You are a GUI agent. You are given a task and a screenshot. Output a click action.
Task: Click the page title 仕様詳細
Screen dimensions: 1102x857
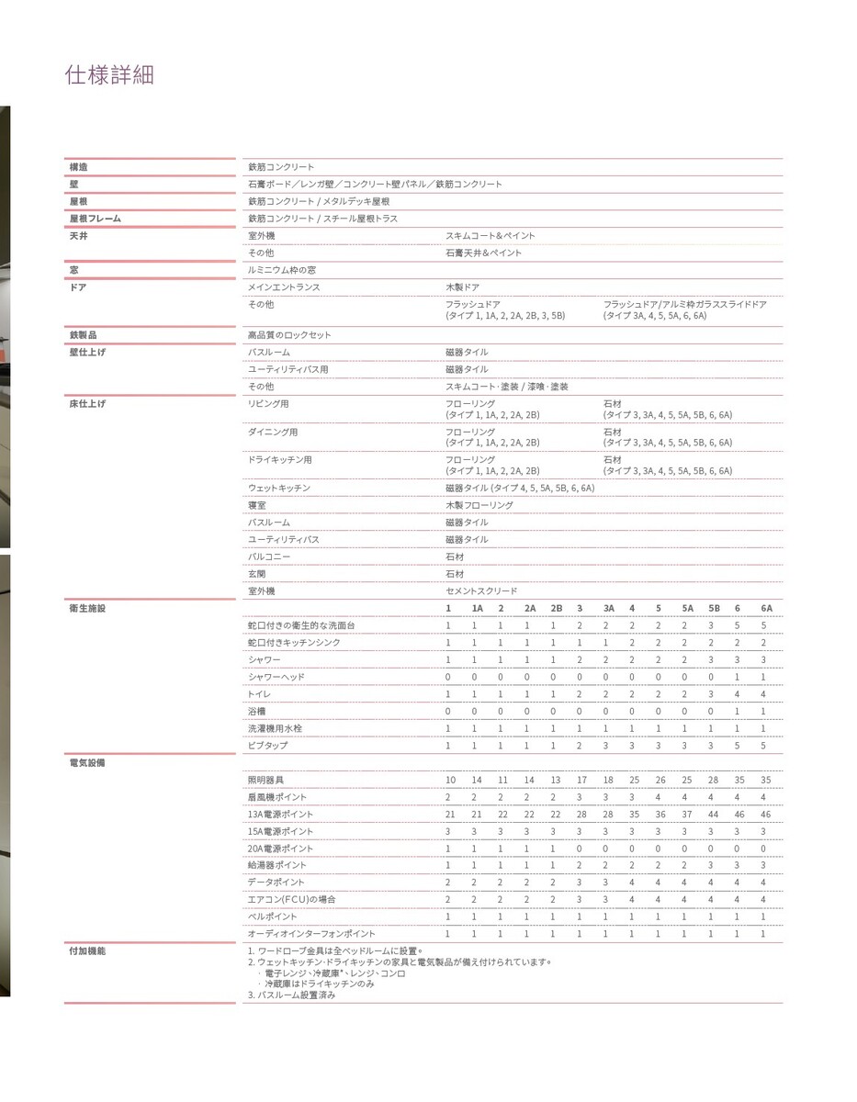pos(109,74)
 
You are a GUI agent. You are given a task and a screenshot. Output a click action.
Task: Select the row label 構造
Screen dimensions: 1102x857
pos(79,167)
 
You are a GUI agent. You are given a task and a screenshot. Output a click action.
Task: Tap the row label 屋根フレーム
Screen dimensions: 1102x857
pos(96,219)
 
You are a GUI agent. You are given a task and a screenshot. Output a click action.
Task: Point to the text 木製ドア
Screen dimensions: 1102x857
pos(462,287)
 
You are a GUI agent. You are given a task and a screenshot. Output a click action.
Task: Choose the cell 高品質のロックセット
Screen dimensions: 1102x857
pos(289,335)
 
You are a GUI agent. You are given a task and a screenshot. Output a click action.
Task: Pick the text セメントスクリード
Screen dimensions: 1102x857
pos(481,591)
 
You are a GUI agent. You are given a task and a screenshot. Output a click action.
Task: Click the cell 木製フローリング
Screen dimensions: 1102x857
pos(479,505)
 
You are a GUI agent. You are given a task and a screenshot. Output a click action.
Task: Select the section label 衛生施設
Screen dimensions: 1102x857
pos(87,608)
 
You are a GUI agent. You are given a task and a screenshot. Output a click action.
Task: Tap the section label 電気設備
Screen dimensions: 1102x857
pos(87,763)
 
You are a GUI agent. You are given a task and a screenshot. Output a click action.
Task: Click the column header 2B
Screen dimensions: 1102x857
pos(556,608)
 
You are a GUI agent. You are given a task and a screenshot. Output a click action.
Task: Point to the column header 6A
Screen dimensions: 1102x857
pos(766,608)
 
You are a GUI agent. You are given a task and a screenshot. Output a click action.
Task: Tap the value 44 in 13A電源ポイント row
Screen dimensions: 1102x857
pos(713,815)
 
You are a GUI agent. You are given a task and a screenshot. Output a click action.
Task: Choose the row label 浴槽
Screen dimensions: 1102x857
pos(256,711)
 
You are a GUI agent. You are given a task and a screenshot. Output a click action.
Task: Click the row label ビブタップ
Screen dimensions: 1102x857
pos(267,746)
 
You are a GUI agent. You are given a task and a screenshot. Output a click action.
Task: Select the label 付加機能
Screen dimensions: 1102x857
pos(87,950)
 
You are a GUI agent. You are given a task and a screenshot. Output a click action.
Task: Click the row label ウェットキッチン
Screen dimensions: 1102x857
pos(279,488)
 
